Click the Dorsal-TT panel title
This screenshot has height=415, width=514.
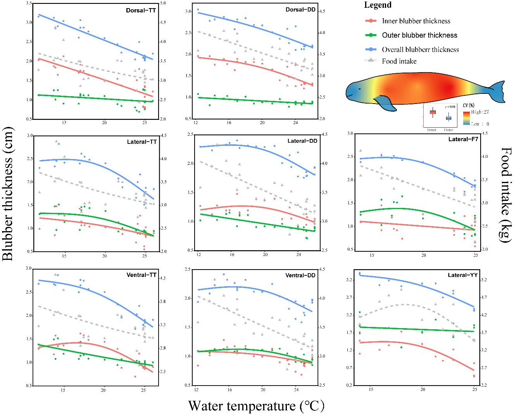(141, 10)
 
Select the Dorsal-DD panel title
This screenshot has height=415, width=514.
(300, 10)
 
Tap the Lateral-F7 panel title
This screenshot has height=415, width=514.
(463, 139)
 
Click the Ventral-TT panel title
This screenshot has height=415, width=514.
(141, 275)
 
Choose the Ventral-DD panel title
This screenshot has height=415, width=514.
(300, 275)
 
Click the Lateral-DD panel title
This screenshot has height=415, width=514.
(302, 141)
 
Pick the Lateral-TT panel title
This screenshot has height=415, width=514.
(142, 142)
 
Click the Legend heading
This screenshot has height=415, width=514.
(378, 5)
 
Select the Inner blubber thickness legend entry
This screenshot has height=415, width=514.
(416, 21)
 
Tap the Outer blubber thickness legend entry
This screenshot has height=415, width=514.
(419, 35)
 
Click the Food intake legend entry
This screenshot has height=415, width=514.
(399, 61)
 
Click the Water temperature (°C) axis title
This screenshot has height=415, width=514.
(256, 406)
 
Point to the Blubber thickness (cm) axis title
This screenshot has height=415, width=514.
(8, 194)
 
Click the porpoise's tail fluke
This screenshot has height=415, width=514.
(497, 92)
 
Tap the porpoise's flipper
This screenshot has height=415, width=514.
(386, 104)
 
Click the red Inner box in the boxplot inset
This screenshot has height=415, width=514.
(433, 112)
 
